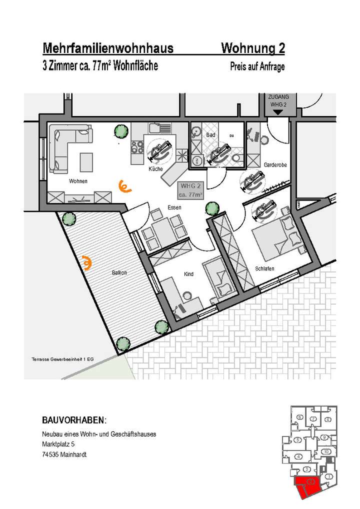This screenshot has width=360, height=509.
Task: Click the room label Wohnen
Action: tap(78, 181)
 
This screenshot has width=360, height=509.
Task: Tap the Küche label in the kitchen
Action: tap(155, 169)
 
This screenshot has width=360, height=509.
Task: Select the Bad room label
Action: tap(210, 135)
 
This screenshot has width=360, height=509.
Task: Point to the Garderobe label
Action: tap(274, 164)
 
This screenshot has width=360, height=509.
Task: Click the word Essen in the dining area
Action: tap(174, 206)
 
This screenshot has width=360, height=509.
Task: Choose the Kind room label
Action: tap(188, 274)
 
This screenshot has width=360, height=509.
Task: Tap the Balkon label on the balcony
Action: tap(119, 272)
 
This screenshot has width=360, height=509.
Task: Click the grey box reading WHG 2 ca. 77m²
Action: tap(190, 190)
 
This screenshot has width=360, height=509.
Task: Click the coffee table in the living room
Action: tap(86, 161)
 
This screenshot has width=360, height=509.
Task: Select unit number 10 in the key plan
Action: tap(325, 451)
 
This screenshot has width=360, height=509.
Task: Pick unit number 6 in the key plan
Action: tap(299, 417)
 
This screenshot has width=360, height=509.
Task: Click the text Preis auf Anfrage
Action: tap(257, 66)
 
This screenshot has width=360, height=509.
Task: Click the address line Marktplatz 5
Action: tap(58, 444)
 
